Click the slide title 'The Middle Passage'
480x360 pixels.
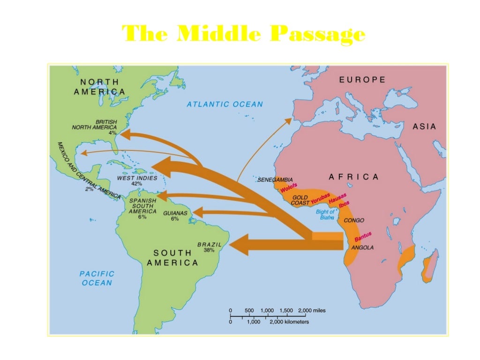point(243,34)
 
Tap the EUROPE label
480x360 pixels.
point(362,80)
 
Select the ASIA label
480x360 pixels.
point(424,127)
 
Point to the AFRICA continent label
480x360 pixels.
point(353,177)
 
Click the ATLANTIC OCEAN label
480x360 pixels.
point(225,104)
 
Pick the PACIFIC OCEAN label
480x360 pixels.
point(97,278)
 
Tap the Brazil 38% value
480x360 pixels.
point(209,250)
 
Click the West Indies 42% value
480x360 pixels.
point(136,184)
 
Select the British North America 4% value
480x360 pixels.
point(112,133)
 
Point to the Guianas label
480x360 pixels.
point(175,213)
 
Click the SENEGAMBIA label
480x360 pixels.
point(276,180)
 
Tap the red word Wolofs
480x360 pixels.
point(289,188)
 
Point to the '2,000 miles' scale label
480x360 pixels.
point(312,311)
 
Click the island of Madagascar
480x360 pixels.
point(430,267)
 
